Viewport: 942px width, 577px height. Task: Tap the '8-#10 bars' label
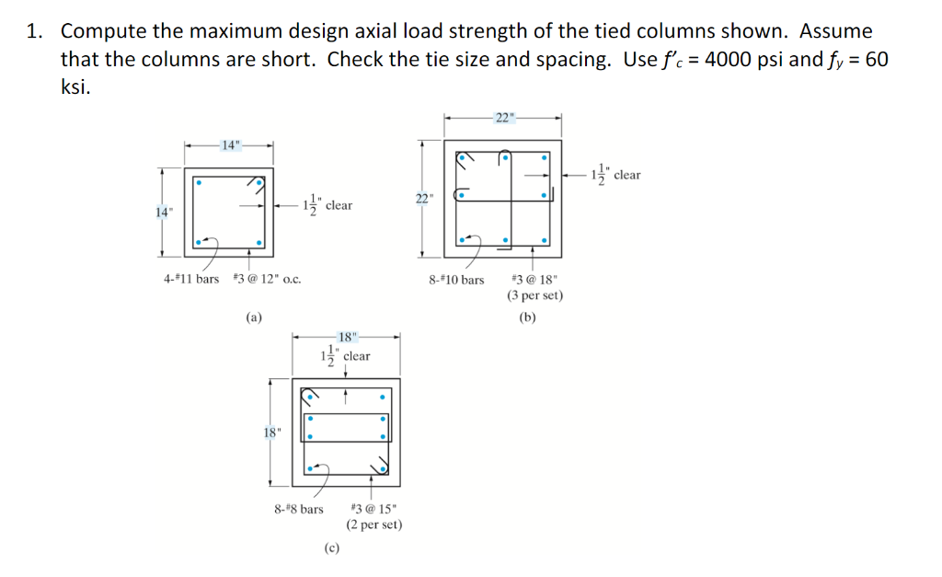(456, 279)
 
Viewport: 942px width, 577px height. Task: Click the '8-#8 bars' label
(299, 508)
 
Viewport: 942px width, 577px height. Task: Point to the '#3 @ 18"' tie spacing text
(534, 279)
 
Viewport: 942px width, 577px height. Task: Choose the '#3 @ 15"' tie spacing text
(373, 508)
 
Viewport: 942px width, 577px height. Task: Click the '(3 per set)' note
(534, 295)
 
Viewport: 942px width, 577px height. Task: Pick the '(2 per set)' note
(374, 525)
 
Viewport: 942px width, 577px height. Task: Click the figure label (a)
(253, 317)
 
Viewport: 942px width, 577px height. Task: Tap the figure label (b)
(527, 317)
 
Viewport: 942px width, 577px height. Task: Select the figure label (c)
(332, 548)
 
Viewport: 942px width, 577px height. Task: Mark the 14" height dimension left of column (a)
(162, 213)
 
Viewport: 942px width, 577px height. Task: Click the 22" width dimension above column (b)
(504, 117)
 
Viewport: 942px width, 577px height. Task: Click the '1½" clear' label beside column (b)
(617, 174)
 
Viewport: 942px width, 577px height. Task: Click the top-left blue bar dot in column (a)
(198, 181)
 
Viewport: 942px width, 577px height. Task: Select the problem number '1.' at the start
(36, 31)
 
